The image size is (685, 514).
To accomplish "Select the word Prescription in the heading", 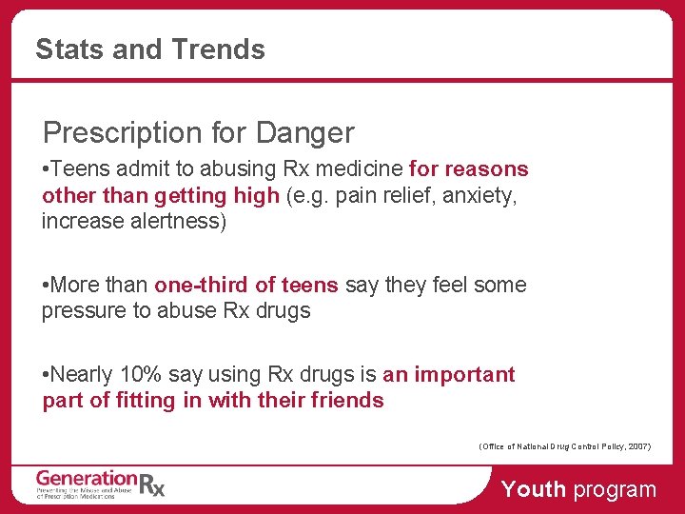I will pos(119,132).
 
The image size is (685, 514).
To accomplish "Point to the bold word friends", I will pos(347,401).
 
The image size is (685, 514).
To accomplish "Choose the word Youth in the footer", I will pos(533,490).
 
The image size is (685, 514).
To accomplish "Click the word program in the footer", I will pos(615,490).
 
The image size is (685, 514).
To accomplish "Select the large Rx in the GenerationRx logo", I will pos(152,484).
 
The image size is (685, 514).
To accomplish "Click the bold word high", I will pos(258,195).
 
